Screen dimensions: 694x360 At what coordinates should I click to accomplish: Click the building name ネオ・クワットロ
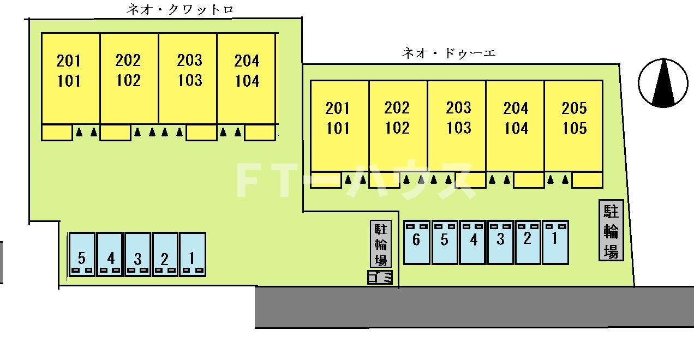pos(180,10)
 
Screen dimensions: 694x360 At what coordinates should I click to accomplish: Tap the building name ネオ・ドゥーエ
pos(448,53)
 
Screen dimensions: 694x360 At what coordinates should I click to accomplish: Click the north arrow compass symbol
pos(663,83)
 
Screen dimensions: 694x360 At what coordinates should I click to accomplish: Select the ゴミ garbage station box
pos(380,277)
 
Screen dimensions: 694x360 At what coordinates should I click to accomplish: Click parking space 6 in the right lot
pos(417,242)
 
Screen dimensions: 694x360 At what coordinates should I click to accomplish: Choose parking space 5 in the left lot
pos(82,254)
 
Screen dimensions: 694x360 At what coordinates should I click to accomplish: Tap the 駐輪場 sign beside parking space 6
pos(381,244)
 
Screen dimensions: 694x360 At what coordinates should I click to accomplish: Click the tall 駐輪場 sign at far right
pos(611,230)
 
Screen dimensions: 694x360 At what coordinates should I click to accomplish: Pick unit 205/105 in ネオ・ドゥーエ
pos(573,126)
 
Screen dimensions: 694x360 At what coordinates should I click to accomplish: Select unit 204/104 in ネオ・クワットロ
pos(246,79)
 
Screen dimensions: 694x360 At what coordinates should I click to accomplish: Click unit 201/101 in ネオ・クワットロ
pos(70,79)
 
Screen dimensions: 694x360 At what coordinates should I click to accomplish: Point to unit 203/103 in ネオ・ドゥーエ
pos(457,126)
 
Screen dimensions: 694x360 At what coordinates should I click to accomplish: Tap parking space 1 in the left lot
pos(193,254)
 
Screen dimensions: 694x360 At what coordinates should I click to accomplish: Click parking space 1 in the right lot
pos(555,242)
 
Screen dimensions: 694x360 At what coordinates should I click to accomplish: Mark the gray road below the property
pos(474,307)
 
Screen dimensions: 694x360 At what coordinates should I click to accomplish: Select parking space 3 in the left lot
pos(137,254)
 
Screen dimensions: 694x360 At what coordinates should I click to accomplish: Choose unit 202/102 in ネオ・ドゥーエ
pos(398,126)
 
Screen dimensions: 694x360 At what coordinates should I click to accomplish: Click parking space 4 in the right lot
pos(472,242)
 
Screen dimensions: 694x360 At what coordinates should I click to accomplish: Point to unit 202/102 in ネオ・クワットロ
pos(129,79)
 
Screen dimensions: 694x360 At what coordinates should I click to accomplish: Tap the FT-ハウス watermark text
pos(356,179)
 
